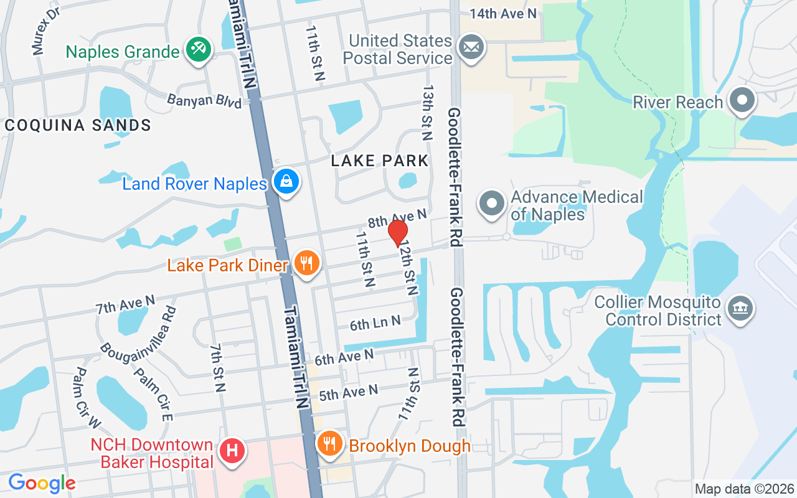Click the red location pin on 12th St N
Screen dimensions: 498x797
click(398, 233)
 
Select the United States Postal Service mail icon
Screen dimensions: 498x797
click(471, 47)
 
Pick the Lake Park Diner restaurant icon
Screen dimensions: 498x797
click(305, 263)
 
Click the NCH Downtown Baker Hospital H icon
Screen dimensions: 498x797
click(232, 449)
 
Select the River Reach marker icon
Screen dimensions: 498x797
click(742, 101)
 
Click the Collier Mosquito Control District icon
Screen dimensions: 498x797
click(740, 309)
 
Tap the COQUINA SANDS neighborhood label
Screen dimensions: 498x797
click(78, 125)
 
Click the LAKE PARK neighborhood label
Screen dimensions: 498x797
click(380, 161)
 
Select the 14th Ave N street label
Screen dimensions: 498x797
click(502, 13)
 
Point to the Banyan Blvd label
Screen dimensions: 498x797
click(204, 100)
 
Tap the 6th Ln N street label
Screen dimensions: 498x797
click(374, 323)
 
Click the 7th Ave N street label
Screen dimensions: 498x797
click(125, 304)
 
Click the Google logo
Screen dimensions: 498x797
click(42, 482)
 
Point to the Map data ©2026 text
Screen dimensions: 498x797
click(745, 489)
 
